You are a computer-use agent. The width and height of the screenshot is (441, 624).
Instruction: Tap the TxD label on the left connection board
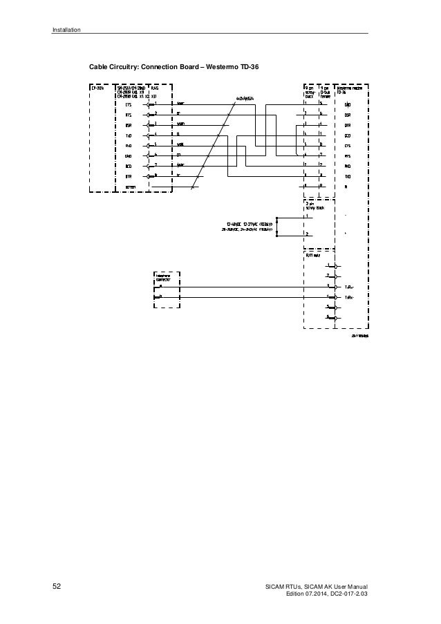point(129,135)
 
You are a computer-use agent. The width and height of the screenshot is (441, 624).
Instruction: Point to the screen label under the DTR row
point(130,187)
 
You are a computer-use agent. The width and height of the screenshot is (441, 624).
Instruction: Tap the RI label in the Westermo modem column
point(346,187)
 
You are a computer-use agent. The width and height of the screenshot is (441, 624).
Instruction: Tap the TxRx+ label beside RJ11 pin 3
point(349,286)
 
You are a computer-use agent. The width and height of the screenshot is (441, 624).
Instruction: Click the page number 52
point(57,587)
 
